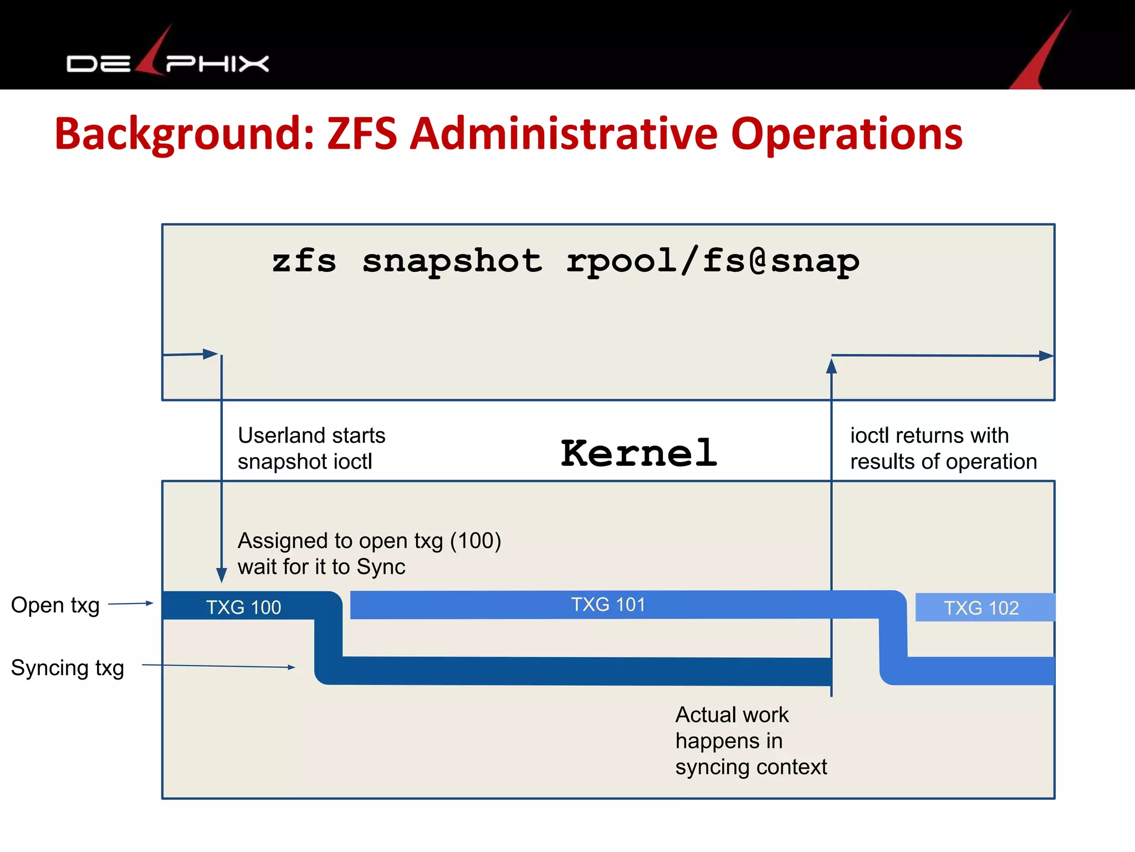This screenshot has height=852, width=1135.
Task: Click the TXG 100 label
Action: pyautogui.click(x=243, y=607)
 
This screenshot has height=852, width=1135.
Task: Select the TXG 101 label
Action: pyautogui.click(x=608, y=605)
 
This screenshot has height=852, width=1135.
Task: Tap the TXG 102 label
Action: pyautogui.click(x=981, y=608)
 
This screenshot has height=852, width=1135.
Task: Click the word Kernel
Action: pyautogui.click(x=638, y=453)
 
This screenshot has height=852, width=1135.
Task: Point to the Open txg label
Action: pyautogui.click(x=55, y=605)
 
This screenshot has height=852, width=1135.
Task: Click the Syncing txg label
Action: pyautogui.click(x=68, y=668)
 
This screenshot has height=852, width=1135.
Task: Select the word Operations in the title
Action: pyautogui.click(x=846, y=134)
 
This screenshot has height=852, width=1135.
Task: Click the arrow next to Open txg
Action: pyautogui.click(x=131, y=603)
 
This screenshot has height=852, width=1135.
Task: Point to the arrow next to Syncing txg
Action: pyautogui.click(x=219, y=666)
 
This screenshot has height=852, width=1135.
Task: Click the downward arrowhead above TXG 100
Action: pyautogui.click(x=222, y=575)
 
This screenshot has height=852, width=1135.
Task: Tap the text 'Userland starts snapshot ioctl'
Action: pyautogui.click(x=311, y=448)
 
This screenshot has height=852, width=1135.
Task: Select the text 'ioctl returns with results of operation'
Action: pyautogui.click(x=943, y=448)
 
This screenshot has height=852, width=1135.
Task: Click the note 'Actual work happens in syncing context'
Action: pyautogui.click(x=750, y=741)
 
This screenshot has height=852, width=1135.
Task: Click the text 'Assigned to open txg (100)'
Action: pyautogui.click(x=369, y=541)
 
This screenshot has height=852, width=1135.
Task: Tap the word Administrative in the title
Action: pyautogui.click(x=564, y=134)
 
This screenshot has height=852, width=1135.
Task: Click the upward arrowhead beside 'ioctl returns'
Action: pyautogui.click(x=831, y=366)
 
